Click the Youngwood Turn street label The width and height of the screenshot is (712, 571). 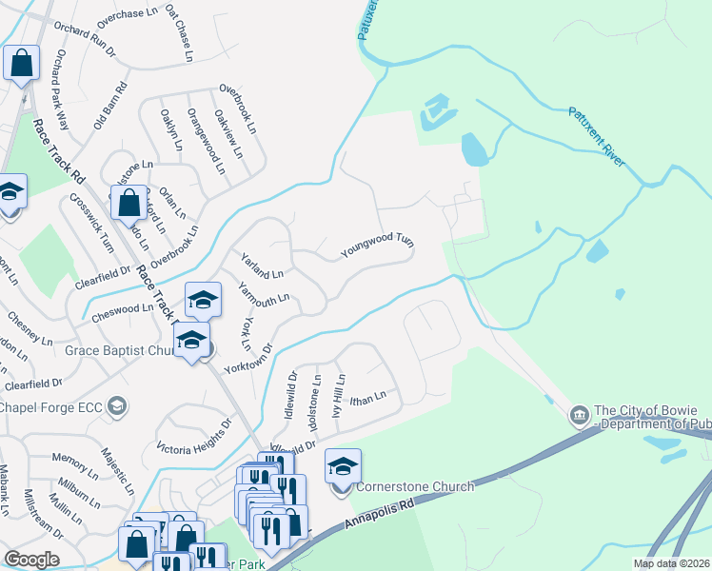(379, 246)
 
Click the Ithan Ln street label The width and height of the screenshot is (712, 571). (368, 398)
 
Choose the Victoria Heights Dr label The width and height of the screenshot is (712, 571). (195, 435)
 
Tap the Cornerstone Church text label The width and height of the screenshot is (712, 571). (414, 487)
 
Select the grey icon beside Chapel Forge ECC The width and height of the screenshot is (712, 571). (116, 407)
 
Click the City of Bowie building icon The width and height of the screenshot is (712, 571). (578, 416)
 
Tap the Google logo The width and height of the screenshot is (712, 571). (31, 560)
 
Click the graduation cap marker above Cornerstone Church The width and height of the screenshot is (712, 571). (343, 466)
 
